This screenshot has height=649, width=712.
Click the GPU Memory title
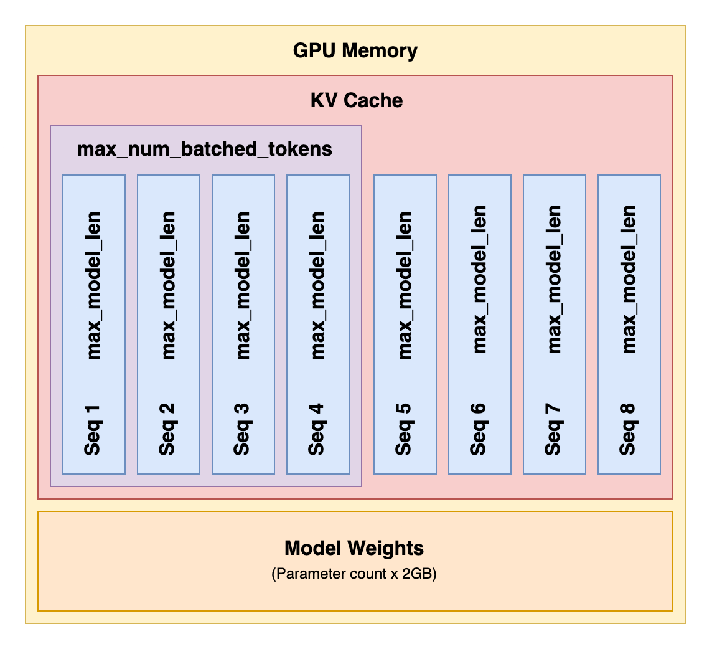coord(355,50)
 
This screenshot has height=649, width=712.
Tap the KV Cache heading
coord(357,100)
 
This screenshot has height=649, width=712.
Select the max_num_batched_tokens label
coord(204,149)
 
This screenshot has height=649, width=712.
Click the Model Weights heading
coord(354,548)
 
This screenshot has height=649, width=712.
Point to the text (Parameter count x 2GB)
coord(354,574)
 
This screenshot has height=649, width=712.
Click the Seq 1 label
coord(93,430)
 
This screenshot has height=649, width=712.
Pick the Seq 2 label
coord(167,429)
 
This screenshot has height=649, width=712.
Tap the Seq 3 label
coord(242,429)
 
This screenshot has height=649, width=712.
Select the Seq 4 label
coord(317,429)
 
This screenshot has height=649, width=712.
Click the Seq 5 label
coord(404,429)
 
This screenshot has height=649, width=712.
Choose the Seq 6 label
coord(479,429)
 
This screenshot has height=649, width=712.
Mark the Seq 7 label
coord(553,430)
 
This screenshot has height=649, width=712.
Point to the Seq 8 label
coord(628,429)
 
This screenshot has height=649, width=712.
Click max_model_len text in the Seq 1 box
coord(94,285)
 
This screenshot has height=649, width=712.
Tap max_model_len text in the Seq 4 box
coord(318,285)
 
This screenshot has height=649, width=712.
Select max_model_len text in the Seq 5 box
coord(406,285)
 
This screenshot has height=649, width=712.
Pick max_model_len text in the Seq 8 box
coord(629,280)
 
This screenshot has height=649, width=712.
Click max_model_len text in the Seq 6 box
coord(480,280)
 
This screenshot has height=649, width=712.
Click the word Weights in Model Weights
coord(385,549)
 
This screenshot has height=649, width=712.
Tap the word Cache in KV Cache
coord(373,100)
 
